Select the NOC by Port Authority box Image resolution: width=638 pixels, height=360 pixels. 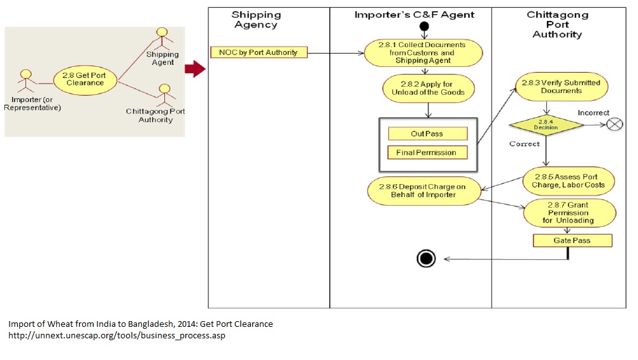coord(259,52)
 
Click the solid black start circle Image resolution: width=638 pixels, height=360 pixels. coord(424,27)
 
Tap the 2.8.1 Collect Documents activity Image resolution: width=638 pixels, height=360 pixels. coord(423,53)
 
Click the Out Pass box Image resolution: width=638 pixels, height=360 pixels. coord(427,134)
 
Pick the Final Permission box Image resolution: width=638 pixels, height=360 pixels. coord(427,152)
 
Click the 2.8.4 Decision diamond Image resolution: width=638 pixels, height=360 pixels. coord(546,125)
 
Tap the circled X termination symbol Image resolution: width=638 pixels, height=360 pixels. coord(614,124)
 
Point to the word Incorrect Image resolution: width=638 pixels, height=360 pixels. coord(593,113)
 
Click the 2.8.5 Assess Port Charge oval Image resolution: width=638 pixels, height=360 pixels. coord(569,180)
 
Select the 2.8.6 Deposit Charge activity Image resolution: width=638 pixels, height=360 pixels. coord(423,191)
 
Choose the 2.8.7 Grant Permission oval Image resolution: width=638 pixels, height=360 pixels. coord(569,212)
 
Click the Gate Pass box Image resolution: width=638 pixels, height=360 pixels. coord(572,240)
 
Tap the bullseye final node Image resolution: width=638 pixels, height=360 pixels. coord(426,258)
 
